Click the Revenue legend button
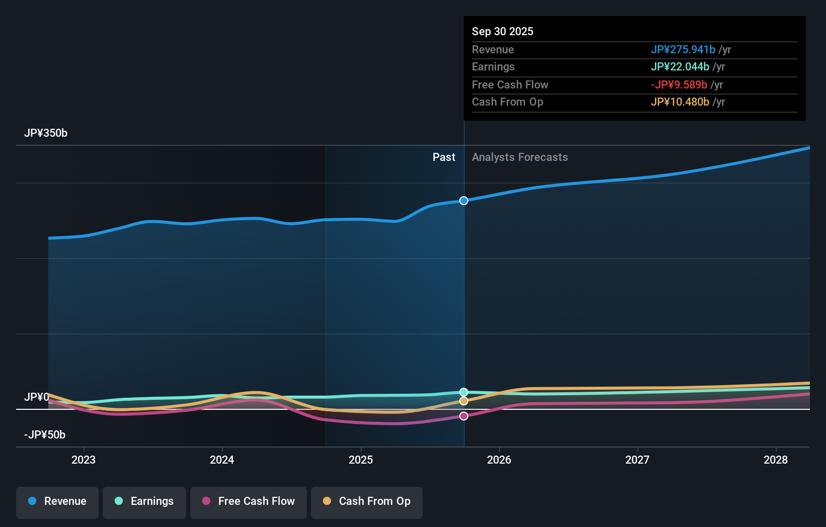point(57,501)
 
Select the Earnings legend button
point(144,501)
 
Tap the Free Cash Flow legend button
point(249,501)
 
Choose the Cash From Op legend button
point(367,501)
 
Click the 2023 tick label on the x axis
point(84,460)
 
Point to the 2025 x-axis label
point(361,460)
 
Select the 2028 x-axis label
point(775,460)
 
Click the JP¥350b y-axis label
point(46,133)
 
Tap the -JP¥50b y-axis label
point(45,435)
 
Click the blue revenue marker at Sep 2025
point(464,201)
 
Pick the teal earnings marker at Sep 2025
point(464,392)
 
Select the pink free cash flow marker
point(464,416)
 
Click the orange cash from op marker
point(464,401)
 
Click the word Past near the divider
point(444,157)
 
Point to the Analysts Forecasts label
point(520,157)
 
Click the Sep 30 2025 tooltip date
point(503,32)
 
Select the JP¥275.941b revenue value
point(683,50)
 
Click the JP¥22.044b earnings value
point(680,67)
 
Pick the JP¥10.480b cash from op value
point(680,102)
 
